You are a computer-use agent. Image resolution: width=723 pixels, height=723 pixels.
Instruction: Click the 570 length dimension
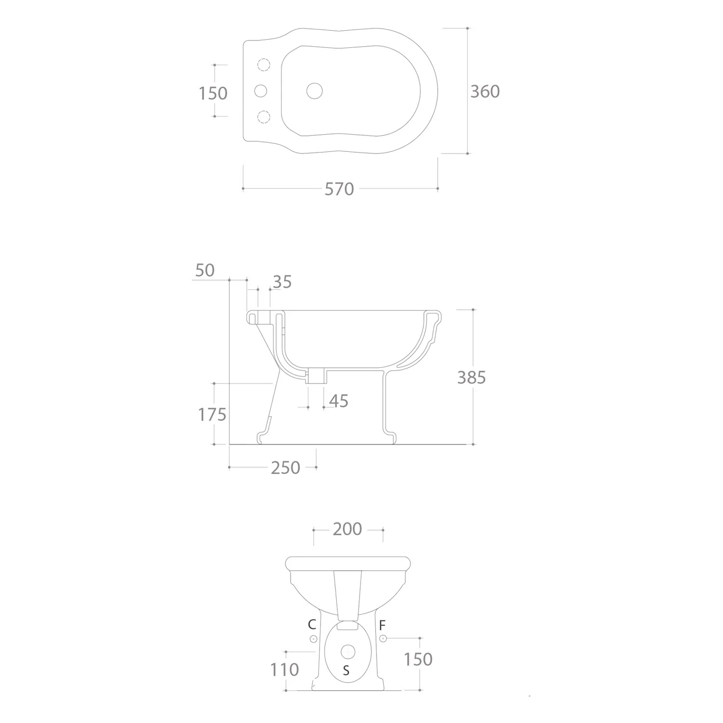(339, 189)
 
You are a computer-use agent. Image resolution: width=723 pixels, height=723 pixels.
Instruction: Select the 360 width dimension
(485, 91)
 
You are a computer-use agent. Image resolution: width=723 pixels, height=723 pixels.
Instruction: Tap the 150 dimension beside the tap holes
(213, 93)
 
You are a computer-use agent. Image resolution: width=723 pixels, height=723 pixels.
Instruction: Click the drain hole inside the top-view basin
(315, 91)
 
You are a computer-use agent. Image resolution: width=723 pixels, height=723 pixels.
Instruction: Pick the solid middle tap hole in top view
(260, 91)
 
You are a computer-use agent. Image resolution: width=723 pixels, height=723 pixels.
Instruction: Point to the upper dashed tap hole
(264, 65)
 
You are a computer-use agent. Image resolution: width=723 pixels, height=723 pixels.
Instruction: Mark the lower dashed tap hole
(264, 117)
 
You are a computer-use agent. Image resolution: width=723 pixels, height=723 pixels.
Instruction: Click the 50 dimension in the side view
(205, 270)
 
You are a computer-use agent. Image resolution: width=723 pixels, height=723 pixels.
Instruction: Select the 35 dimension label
(282, 282)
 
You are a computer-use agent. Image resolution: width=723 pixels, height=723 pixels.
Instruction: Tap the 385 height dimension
(471, 377)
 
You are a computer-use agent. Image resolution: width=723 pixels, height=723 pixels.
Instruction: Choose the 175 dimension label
(212, 415)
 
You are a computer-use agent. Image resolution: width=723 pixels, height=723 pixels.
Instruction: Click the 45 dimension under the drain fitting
(338, 401)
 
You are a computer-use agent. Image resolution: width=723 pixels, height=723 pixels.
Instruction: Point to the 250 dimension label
(285, 468)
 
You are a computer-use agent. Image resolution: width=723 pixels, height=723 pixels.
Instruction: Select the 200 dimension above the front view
(347, 529)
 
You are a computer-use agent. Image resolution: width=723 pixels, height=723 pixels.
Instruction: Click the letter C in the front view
(312, 625)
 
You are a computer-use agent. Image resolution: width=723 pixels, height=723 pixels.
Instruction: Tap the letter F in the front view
(382, 626)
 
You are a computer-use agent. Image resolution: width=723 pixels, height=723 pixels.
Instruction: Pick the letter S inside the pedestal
(346, 670)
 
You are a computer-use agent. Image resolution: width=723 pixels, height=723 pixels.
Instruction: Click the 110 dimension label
(285, 670)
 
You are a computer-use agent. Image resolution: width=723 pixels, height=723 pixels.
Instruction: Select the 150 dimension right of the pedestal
(418, 659)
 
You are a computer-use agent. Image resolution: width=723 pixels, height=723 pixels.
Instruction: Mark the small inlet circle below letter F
(383, 639)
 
